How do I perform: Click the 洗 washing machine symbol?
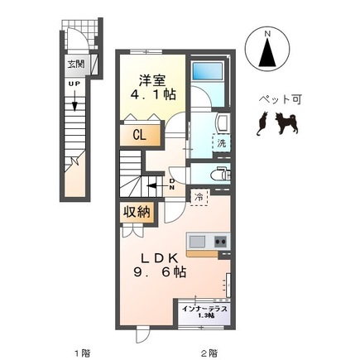[221, 143]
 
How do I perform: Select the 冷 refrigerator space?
[200, 197]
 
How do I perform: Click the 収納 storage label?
[137, 212]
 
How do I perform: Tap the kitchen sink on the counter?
[197, 241]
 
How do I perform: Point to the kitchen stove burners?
[221, 241]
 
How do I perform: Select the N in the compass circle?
[266, 35]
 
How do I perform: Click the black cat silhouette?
[262, 124]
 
